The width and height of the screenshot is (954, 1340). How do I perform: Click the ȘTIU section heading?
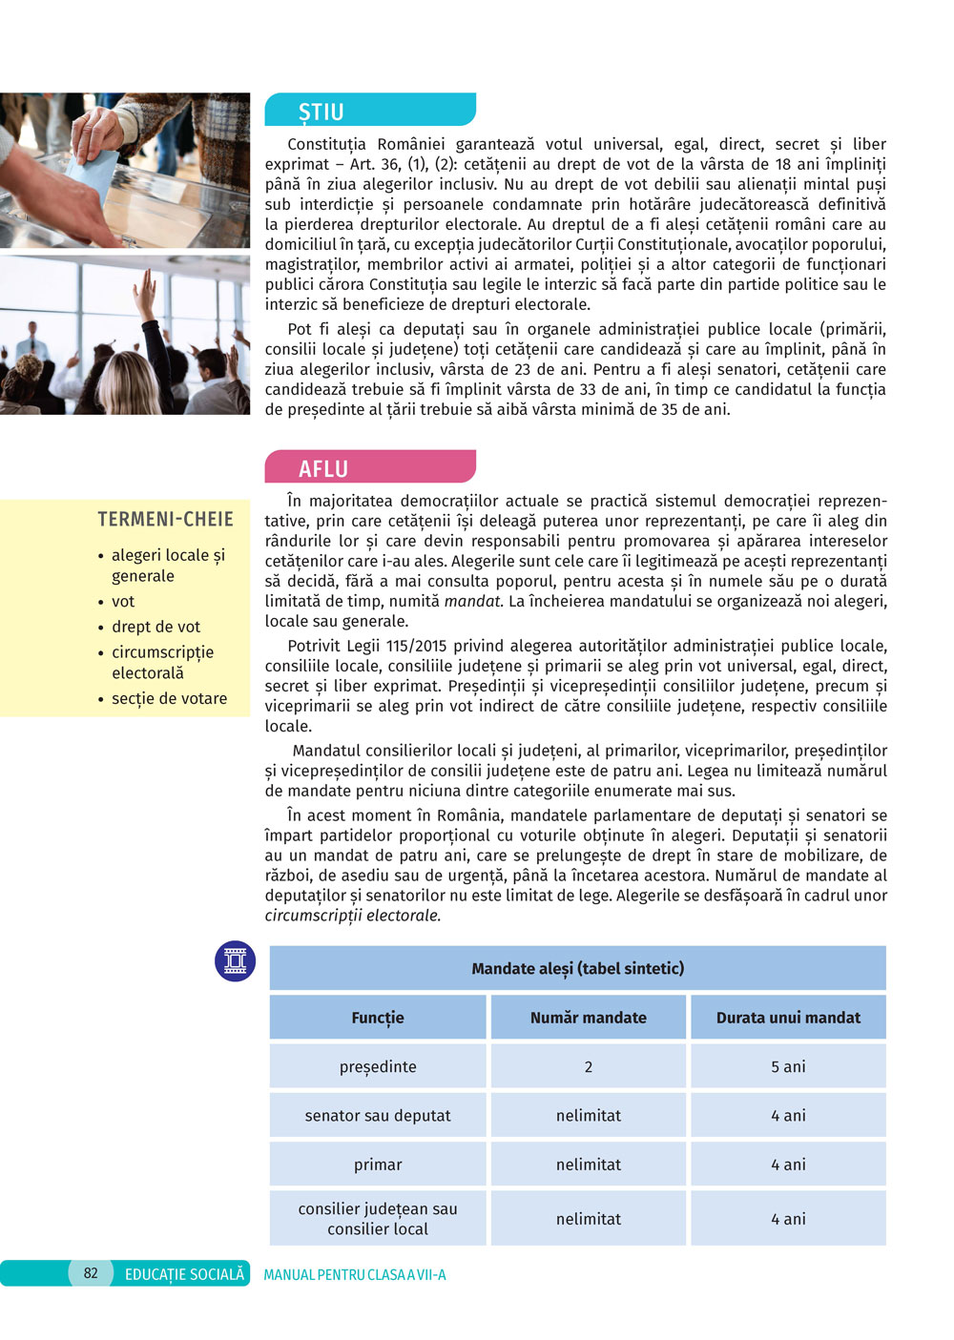coord(321,112)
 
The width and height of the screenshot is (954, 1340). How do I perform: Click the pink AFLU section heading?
coord(323,468)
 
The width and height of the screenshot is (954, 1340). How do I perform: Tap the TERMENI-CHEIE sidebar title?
coord(165,519)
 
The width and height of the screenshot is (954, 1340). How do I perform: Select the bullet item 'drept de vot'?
coord(156,627)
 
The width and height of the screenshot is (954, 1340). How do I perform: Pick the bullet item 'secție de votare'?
coord(169,698)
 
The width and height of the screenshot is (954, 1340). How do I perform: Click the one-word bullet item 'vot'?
coord(123,601)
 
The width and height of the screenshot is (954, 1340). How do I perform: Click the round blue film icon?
coord(235,960)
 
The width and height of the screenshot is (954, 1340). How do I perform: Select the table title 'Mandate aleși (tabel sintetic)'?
coord(577,968)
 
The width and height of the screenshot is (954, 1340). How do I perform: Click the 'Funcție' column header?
coord(378,1018)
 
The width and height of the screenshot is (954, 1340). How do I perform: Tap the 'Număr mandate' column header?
coord(588,1018)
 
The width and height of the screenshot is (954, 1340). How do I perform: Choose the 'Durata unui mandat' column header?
coord(788,1018)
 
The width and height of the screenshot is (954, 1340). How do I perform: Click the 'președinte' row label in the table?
coord(378,1066)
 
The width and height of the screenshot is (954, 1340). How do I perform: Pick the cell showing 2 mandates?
coord(588,1066)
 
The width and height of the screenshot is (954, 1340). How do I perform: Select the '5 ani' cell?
coord(788,1066)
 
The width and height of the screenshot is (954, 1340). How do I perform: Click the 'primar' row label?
coord(378,1165)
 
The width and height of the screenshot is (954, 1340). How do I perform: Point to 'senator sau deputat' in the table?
coord(378,1115)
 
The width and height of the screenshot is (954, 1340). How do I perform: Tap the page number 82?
coord(91,1272)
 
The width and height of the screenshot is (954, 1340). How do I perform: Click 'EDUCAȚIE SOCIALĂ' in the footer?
coord(184,1274)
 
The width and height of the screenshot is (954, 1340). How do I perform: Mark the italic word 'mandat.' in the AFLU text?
coord(473,601)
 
